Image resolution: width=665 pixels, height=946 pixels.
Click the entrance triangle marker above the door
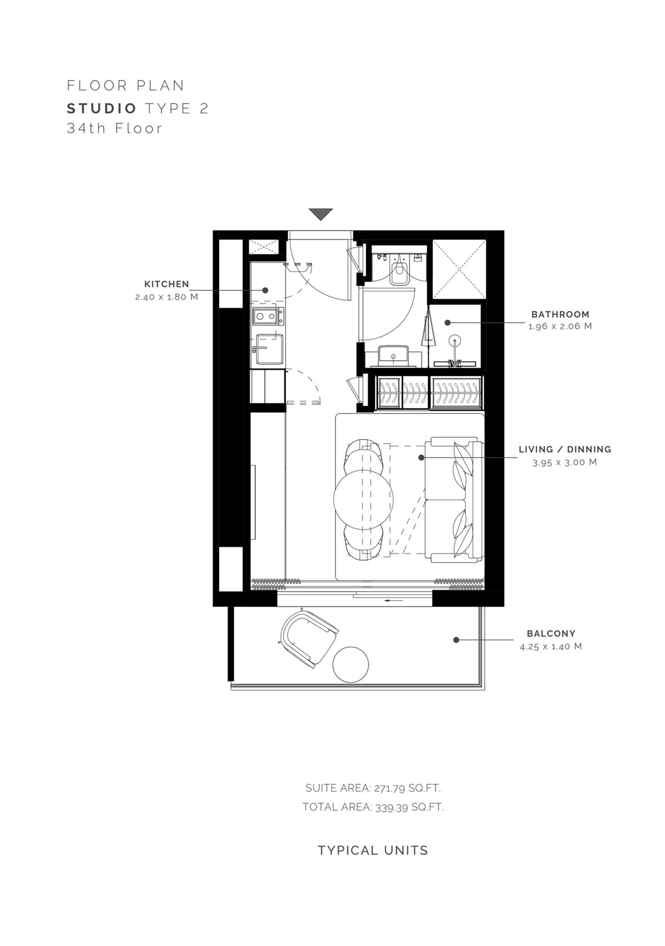coord(321,214)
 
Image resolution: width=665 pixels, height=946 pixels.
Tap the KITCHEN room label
coord(167,284)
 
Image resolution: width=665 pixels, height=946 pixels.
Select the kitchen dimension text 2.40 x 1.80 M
coord(167,297)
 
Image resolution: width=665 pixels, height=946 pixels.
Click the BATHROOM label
coord(560,315)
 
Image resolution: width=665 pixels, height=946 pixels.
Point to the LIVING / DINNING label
coord(565,449)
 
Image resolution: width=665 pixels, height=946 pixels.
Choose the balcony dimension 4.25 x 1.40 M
coord(551,646)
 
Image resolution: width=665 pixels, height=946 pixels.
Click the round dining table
coord(364,499)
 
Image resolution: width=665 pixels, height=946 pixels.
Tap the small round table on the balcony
coord(351,665)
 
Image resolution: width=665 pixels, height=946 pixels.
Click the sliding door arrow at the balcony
coord(394,600)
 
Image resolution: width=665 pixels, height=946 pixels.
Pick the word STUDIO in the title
coord(102,108)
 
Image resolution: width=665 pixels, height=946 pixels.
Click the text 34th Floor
coord(114,128)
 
